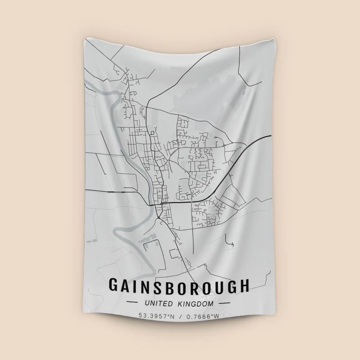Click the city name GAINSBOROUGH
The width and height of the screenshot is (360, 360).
click(x=179, y=286)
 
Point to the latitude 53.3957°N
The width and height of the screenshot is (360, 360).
click(x=156, y=316)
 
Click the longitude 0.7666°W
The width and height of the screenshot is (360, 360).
click(x=202, y=316)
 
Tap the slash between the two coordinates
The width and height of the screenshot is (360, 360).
click(x=180, y=316)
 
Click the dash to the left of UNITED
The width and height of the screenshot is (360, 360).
click(x=134, y=304)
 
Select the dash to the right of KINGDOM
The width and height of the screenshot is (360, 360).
click(x=224, y=304)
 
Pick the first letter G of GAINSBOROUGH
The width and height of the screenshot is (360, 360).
click(x=114, y=286)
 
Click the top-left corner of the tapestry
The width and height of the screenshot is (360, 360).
click(x=84, y=38)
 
